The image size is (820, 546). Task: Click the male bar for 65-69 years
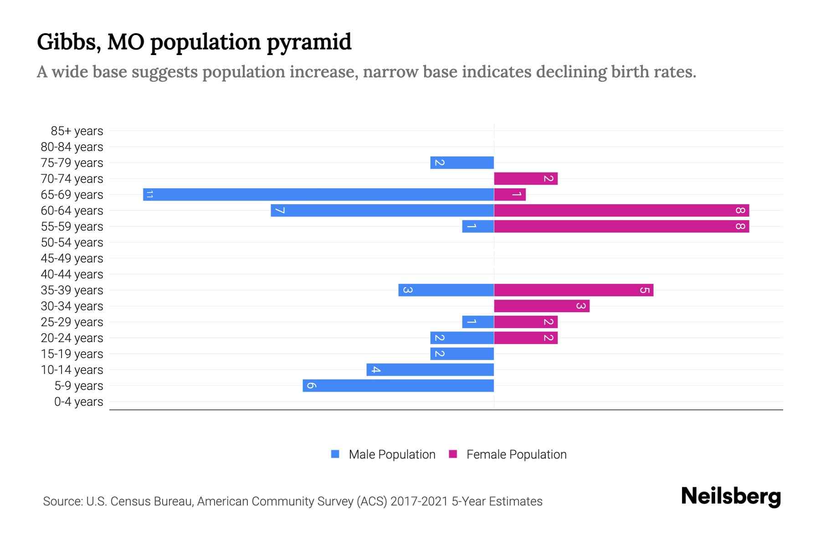tap(318, 194)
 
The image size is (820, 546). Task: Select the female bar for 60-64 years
tap(621, 210)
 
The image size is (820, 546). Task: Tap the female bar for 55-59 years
tap(621, 226)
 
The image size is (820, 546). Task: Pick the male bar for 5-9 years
tap(398, 385)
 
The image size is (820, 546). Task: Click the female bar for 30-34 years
tap(542, 306)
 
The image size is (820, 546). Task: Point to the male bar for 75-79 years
tap(462, 162)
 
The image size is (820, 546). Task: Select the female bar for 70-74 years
tap(526, 178)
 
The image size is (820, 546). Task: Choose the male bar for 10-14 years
tap(430, 369)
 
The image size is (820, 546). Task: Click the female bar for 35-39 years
tap(574, 290)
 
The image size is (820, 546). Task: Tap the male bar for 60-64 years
tap(382, 210)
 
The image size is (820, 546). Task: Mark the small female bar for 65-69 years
tap(510, 194)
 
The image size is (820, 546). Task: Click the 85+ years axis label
tap(77, 131)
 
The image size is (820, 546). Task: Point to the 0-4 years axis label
tap(78, 402)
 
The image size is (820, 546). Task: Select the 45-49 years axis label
tap(72, 258)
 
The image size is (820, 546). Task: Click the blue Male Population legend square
tap(335, 454)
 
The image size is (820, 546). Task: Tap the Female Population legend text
tap(516, 455)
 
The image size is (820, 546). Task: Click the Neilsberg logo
tap(731, 496)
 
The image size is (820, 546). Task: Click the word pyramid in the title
tap(309, 42)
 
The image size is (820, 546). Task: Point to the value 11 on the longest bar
tap(149, 195)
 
